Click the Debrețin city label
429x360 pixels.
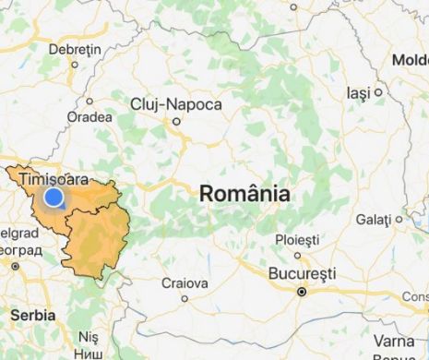[74, 48]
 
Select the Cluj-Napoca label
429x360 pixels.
[176, 104]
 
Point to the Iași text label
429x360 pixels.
[357, 93]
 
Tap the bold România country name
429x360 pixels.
[244, 194]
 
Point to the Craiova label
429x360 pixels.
[185, 282]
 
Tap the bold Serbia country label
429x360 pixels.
[33, 315]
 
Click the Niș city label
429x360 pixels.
[89, 337]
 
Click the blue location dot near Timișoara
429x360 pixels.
[54, 197]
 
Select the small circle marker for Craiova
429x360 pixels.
[185, 298]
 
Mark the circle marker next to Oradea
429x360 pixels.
[89, 102]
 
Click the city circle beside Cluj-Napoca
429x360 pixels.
[176, 120]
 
